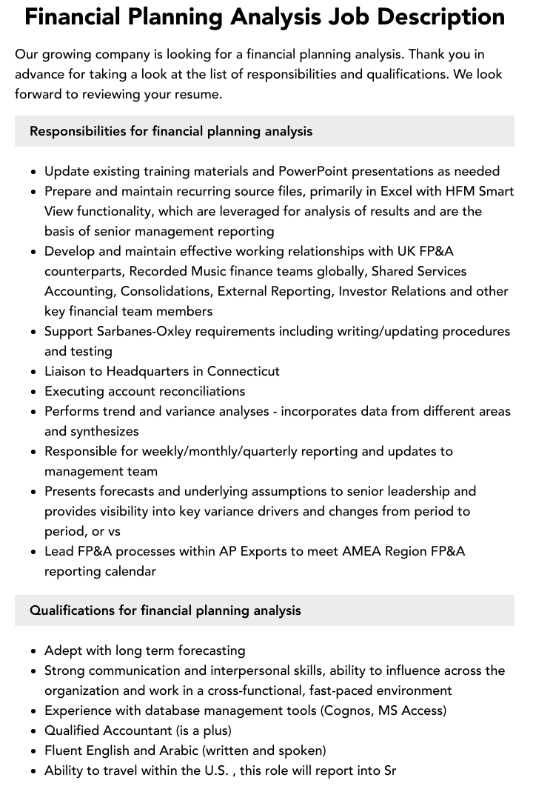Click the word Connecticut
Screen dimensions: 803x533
tap(244, 371)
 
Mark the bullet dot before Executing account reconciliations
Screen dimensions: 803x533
tap(34, 392)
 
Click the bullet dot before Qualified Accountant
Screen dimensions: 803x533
tap(34, 731)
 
